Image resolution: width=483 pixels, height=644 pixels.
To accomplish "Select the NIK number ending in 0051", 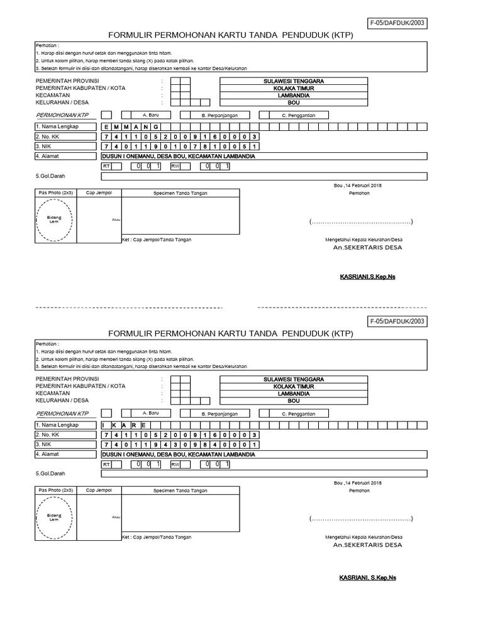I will click(x=180, y=147).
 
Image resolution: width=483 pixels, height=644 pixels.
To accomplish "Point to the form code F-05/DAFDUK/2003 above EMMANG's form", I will click(x=399, y=23).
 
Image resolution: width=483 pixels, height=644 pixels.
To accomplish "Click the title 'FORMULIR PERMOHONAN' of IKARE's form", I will click(x=231, y=333).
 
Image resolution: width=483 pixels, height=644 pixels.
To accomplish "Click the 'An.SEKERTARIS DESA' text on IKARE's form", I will click(x=368, y=545).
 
